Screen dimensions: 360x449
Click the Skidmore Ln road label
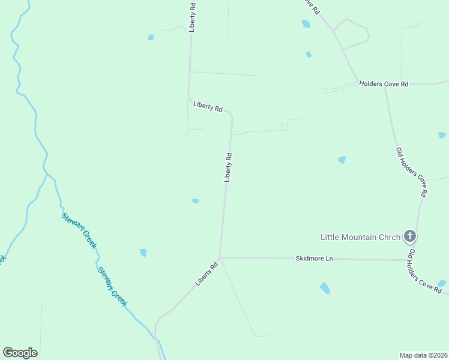(x=314, y=259)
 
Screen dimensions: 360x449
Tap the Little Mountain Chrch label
(x=360, y=236)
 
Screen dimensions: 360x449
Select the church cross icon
(x=410, y=236)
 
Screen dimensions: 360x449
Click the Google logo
(x=20, y=353)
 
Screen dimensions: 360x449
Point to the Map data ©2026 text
(x=423, y=355)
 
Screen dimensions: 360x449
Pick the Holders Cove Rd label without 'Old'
(x=384, y=84)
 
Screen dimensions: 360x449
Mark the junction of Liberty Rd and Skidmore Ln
(x=220, y=257)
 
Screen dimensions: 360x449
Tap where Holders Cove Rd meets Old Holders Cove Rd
(x=385, y=84)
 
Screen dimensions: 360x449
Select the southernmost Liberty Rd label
(x=205, y=274)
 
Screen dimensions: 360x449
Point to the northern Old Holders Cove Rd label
(x=411, y=172)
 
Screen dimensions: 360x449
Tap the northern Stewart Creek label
(x=79, y=231)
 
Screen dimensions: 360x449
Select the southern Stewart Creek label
(x=112, y=287)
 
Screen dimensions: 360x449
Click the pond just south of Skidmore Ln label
(x=325, y=288)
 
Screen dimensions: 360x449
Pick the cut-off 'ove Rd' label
(x=311, y=7)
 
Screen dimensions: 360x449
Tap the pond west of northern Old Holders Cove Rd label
(x=342, y=160)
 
